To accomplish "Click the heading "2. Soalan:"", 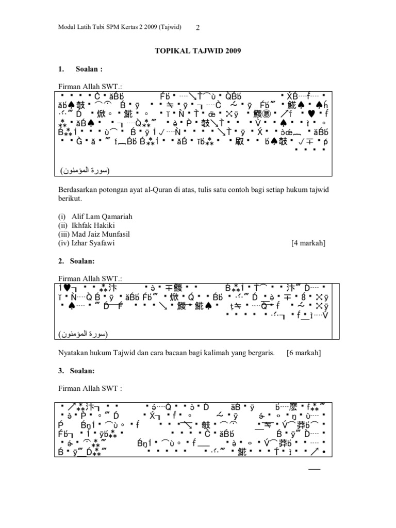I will [76, 261].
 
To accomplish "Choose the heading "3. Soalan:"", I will [76, 371].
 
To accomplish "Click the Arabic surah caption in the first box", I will [85, 170].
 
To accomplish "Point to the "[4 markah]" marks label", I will [308, 243].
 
